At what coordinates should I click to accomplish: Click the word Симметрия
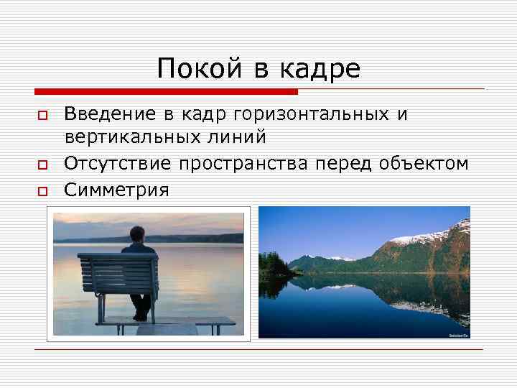pyautogui.click(x=116, y=190)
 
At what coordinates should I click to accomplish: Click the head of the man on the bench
pyautogui.click(x=137, y=234)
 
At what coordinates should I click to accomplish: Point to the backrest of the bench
pyautogui.click(x=118, y=270)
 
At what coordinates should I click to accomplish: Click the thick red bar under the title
pyautogui.click(x=166, y=92)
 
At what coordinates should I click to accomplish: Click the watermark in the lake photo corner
pyautogui.click(x=457, y=335)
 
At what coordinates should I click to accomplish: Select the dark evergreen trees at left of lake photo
pyautogui.click(x=271, y=265)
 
